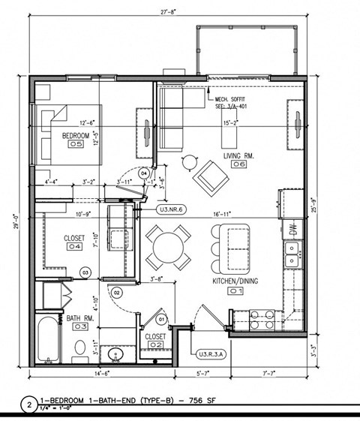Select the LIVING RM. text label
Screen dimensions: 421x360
[239, 155]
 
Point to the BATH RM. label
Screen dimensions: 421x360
[78, 317]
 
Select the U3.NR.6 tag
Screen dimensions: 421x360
[171, 210]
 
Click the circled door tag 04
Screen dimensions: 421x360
[144, 173]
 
